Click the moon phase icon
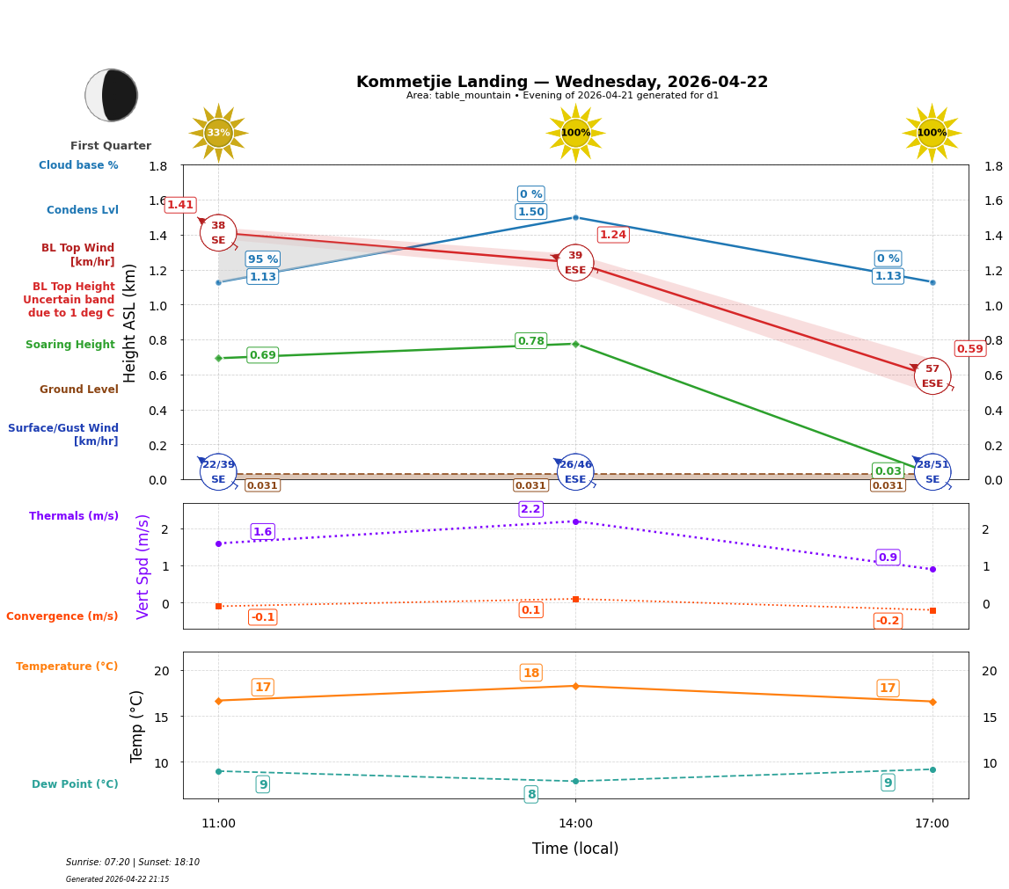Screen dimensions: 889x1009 [112, 95]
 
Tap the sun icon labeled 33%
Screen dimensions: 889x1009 [218, 133]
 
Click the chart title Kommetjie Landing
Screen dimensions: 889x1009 [561, 82]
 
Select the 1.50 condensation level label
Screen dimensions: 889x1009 [530, 212]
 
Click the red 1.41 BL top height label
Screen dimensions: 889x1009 [180, 205]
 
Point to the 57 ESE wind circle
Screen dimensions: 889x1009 [932, 376]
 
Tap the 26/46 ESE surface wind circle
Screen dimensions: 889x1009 [575, 472]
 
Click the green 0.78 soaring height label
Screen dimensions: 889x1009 [530, 341]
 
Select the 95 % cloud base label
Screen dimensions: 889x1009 [262, 259]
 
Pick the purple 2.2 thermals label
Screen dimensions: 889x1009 [530, 509]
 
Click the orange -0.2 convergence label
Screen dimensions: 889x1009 [888, 621]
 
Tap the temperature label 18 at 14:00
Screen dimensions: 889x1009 [530, 673]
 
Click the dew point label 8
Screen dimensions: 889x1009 [530, 794]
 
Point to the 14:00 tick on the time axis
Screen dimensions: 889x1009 [575, 824]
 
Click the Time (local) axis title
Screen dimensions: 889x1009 [575, 849]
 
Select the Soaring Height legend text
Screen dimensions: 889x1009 [70, 345]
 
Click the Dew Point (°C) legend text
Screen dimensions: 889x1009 [75, 784]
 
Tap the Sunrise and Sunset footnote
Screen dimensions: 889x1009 [132, 863]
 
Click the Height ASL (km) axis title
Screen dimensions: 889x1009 [130, 323]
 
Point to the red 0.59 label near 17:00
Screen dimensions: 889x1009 [969, 349]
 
